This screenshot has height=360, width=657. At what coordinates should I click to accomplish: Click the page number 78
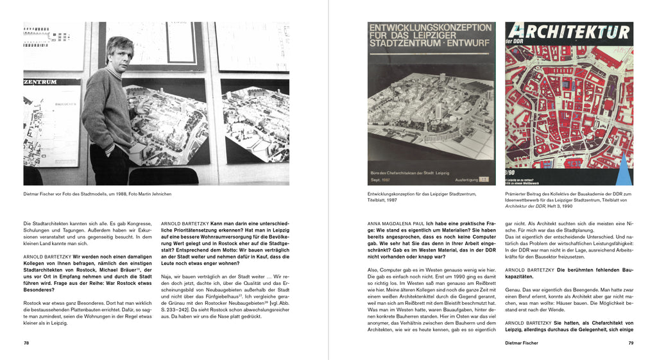click(x=26, y=343)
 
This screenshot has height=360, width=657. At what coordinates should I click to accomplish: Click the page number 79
click(x=631, y=343)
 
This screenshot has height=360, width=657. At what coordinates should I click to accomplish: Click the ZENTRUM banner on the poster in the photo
click(x=40, y=81)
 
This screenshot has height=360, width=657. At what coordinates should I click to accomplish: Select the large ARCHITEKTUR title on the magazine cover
click(x=569, y=33)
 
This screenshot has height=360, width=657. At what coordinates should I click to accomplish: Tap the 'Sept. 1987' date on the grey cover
click(x=382, y=179)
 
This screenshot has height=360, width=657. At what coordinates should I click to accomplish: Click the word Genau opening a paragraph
click(x=514, y=290)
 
